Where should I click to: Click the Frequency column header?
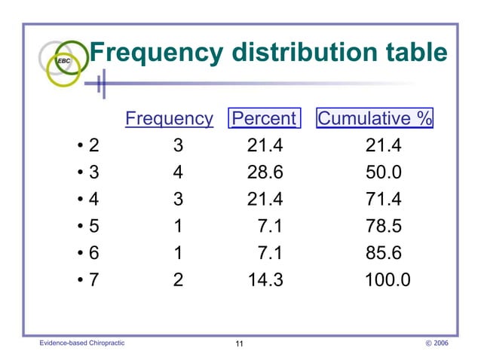click(x=169, y=118)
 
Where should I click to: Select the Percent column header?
click(x=264, y=118)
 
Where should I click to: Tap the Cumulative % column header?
click(x=375, y=118)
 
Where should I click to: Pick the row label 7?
click(x=93, y=280)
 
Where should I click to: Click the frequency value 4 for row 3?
click(x=177, y=172)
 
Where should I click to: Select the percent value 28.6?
click(x=265, y=172)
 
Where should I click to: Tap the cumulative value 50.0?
click(x=384, y=172)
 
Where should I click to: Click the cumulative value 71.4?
click(x=384, y=200)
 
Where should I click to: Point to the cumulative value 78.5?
click(x=384, y=227)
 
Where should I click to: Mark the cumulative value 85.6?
click(x=384, y=254)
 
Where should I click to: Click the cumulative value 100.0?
click(x=388, y=280)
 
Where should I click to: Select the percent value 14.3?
click(x=265, y=280)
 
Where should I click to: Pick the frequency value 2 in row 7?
click(x=177, y=280)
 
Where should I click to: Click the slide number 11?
click(x=239, y=344)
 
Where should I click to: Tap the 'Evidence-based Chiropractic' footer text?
click(x=82, y=343)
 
